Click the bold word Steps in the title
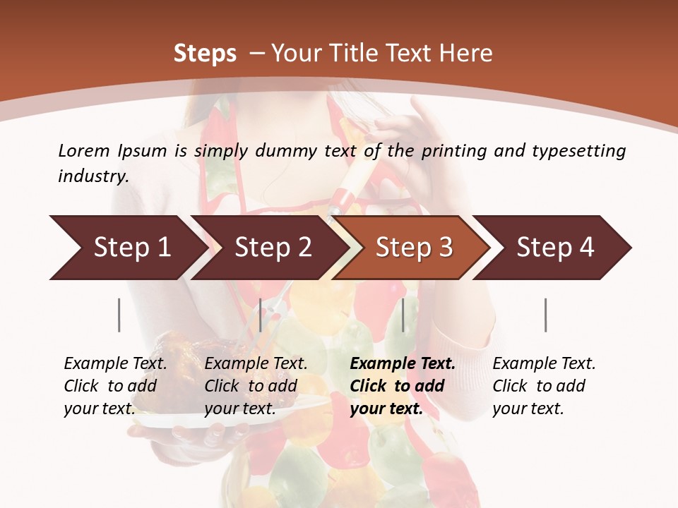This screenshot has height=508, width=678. click(205, 53)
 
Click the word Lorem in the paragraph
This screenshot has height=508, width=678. click(84, 150)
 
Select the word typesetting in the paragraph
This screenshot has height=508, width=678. click(578, 150)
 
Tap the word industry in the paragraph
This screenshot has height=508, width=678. click(93, 176)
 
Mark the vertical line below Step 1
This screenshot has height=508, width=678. click(119, 315)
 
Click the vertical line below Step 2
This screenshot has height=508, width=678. click(261, 315)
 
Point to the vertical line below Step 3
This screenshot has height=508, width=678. click(403, 315)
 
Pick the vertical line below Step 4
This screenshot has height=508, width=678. click(546, 315)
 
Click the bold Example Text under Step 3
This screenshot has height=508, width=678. click(403, 364)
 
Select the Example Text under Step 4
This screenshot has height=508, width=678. click(544, 364)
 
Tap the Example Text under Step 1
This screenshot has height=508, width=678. click(115, 364)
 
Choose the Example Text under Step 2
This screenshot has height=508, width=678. click(256, 364)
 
